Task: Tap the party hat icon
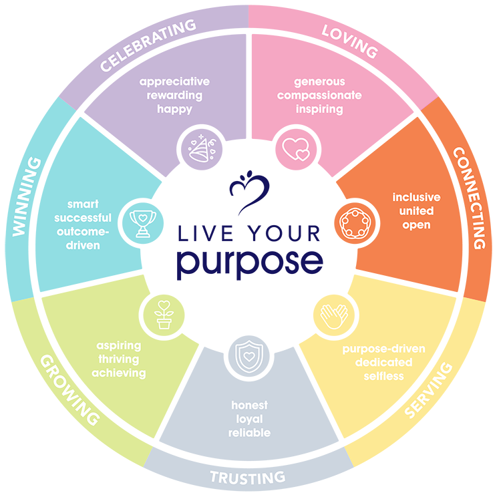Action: coord(199,147)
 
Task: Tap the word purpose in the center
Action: coord(250,261)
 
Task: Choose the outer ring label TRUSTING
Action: coord(248,477)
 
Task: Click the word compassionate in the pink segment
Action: coord(319,96)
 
